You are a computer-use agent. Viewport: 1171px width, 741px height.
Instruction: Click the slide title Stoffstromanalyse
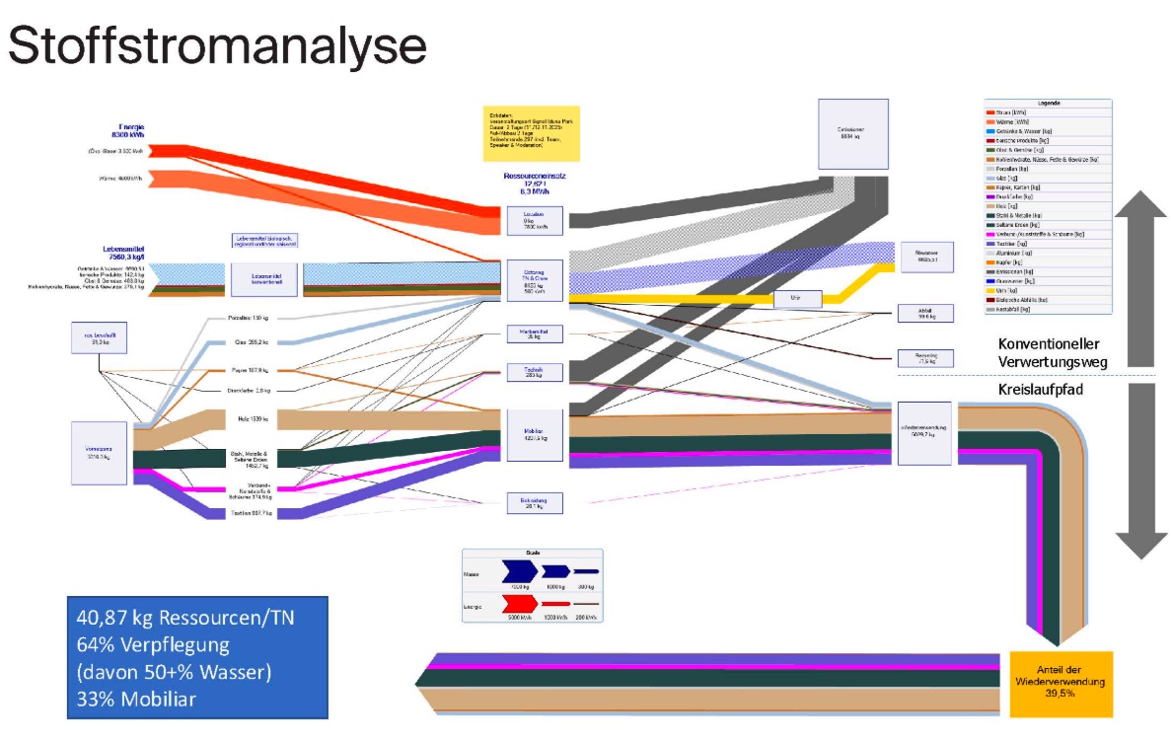(217, 46)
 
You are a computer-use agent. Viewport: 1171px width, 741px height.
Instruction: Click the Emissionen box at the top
(851, 132)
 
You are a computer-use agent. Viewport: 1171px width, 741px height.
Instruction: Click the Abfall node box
(925, 314)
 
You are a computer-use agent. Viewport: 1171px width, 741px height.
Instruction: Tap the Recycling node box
(925, 357)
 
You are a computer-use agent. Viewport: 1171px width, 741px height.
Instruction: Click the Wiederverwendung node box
(924, 432)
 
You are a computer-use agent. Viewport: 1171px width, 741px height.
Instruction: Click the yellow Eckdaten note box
(531, 133)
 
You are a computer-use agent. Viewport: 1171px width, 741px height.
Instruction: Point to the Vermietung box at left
(99, 453)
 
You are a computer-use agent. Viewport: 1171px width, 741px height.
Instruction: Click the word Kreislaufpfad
(1044, 391)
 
